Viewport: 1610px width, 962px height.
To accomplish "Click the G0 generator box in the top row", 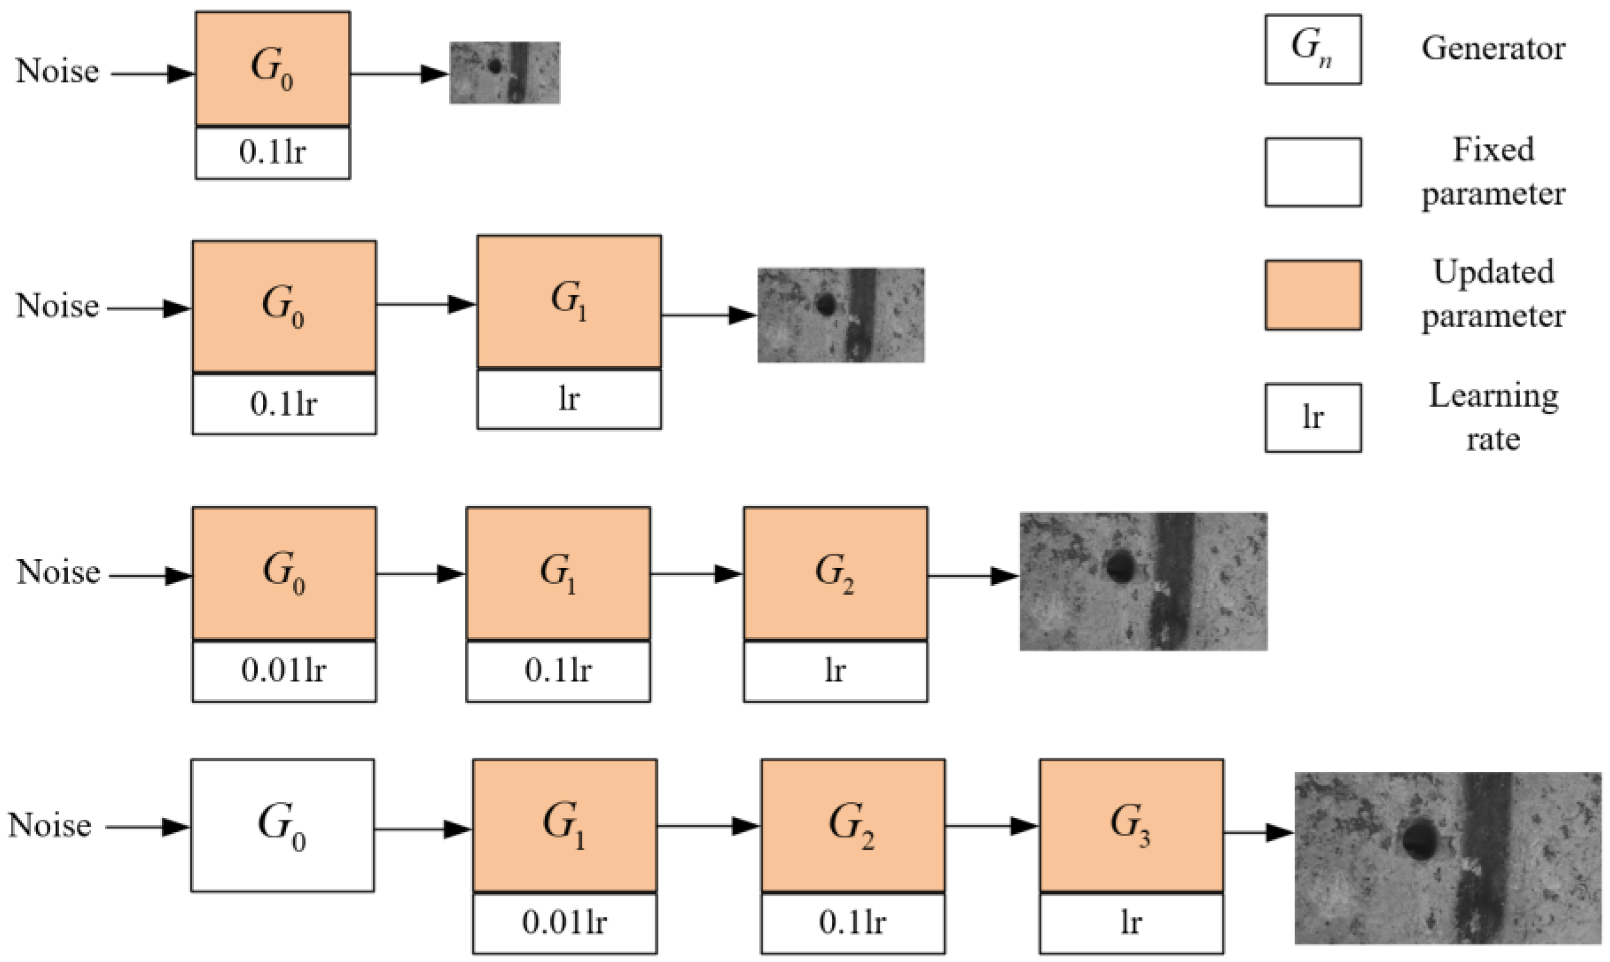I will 272,68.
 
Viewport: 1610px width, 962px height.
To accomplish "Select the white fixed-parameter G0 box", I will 282,825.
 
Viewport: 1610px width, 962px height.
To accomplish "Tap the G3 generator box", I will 1131,825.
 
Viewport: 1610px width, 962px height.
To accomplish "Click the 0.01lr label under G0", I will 284,670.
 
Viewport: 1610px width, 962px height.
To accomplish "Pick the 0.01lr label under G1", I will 564,922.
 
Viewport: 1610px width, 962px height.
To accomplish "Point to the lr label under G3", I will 1131,922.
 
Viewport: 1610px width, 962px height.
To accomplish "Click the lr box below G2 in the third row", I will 835,670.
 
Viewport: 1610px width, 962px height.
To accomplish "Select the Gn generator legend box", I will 1312,49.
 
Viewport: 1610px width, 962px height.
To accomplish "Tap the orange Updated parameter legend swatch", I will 1312,295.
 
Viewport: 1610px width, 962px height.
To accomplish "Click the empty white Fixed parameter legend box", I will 1312,172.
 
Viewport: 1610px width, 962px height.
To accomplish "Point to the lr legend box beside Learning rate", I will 1312,418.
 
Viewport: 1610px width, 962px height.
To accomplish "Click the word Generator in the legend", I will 1492,49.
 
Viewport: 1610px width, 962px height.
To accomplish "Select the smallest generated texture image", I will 505,73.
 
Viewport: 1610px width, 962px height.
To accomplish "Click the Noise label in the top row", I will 57,71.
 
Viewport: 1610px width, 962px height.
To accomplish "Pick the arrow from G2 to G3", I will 991,826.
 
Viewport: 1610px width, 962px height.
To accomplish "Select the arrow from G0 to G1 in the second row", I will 426,304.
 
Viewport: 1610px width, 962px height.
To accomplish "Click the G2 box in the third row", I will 835,573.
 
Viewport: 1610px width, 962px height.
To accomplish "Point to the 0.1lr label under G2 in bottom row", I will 852,922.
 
